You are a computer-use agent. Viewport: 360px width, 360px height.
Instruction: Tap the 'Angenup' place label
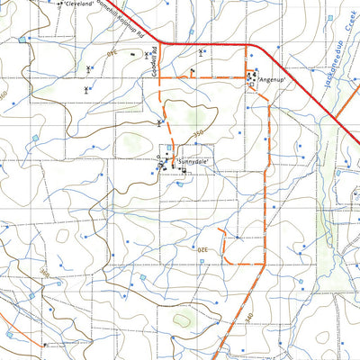click(x=271, y=80)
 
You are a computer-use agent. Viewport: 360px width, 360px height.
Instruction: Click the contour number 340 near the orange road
click(x=250, y=308)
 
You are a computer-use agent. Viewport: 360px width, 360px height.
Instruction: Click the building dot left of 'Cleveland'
click(x=58, y=4)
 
